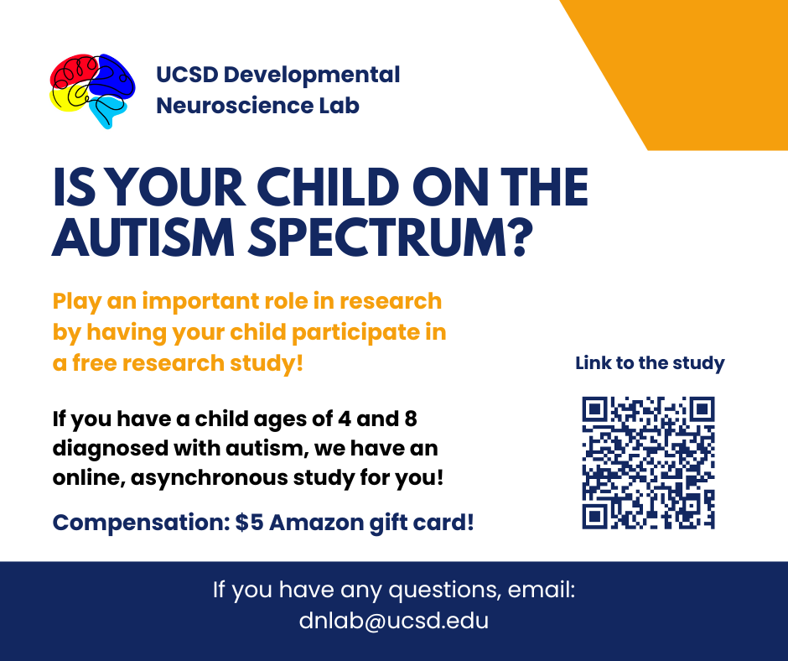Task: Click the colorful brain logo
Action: click(x=92, y=91)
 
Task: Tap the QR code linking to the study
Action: click(x=648, y=463)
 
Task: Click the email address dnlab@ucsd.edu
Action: click(x=393, y=620)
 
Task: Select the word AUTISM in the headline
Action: click(x=143, y=237)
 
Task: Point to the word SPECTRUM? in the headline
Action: click(x=391, y=237)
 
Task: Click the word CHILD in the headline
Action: click(x=328, y=187)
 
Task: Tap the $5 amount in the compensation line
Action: click(x=249, y=522)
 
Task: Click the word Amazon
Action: click(x=316, y=523)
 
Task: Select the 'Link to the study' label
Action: click(x=650, y=363)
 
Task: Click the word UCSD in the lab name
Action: click(x=187, y=75)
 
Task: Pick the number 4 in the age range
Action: click(x=345, y=419)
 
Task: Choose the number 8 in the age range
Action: click(x=411, y=419)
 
